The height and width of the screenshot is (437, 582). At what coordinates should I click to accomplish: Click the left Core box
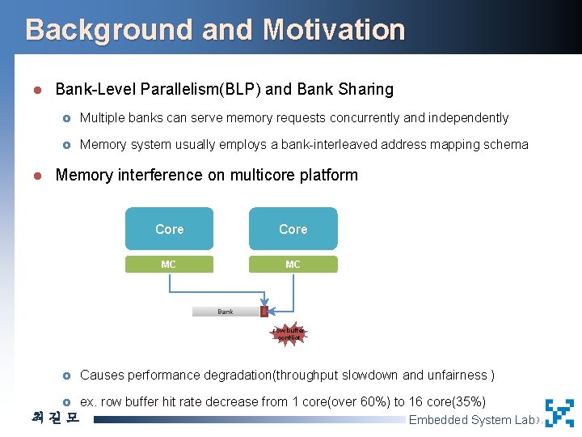click(170, 229)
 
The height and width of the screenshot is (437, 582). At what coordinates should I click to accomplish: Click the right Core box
click(293, 229)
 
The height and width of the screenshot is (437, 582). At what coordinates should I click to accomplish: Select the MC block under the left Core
click(169, 264)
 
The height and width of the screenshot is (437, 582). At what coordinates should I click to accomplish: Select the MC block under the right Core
click(293, 264)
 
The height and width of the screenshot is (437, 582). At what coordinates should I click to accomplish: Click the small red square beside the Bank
click(264, 312)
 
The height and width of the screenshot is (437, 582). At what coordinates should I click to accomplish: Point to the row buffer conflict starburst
click(289, 334)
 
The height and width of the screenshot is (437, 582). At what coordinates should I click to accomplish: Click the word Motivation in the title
click(333, 30)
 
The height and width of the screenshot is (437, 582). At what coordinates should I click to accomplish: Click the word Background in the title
click(109, 30)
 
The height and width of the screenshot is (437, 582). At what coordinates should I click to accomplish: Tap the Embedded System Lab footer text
click(472, 419)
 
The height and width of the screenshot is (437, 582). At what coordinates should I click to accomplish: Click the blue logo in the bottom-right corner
click(559, 413)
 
